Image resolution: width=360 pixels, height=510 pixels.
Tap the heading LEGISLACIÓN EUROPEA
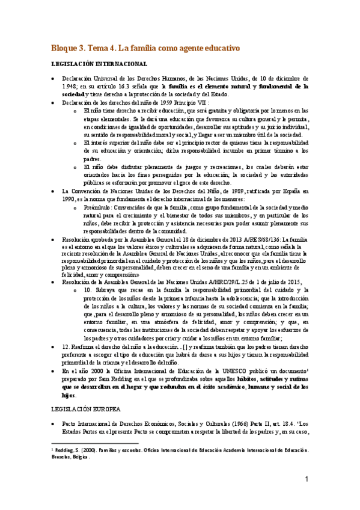click(81, 408)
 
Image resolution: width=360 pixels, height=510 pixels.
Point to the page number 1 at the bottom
click(307, 479)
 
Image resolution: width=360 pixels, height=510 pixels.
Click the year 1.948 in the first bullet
click(72, 87)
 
